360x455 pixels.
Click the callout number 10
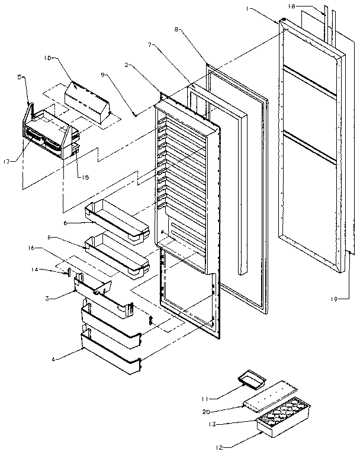[x=48, y=58]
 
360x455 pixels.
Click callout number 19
[x=335, y=300]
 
